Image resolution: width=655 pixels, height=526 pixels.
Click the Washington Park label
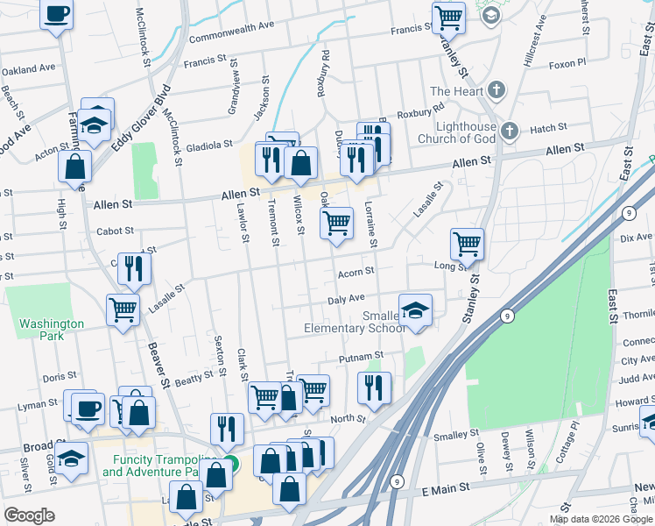coord(52,330)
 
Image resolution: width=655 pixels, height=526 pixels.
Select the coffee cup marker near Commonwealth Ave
coord(57,14)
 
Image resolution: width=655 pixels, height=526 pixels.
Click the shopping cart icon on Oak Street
coord(337,224)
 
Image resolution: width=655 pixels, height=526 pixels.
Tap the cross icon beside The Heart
coord(497,90)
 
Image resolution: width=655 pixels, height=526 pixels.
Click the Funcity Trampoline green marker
coord(229,464)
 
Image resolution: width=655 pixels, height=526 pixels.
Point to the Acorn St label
coord(356,274)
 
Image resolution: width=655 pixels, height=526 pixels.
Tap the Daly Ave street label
coord(345,300)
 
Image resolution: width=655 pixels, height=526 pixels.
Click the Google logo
coord(30,515)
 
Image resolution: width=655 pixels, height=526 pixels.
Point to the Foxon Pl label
coord(566,64)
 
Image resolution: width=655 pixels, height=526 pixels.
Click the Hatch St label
coord(548,128)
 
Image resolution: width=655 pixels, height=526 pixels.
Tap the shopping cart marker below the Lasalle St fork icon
coord(123,309)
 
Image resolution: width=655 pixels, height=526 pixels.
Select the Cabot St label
coord(115,231)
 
